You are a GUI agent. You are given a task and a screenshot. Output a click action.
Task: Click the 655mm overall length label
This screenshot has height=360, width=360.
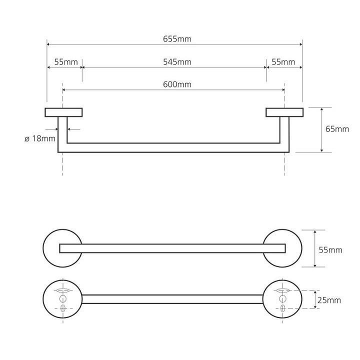click(177, 39)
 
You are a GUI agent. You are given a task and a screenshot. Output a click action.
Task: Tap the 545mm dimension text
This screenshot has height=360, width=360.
click(177, 62)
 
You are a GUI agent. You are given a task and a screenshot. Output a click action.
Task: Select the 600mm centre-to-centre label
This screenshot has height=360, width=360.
click(177, 84)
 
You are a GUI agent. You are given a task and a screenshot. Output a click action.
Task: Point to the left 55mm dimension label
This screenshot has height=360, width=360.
click(66, 62)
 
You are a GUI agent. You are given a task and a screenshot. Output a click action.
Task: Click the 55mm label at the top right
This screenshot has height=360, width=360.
click(283, 62)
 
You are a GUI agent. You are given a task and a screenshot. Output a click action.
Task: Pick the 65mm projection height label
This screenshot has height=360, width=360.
click(337, 129)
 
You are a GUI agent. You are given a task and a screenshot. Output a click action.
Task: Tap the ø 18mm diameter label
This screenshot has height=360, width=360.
click(40, 138)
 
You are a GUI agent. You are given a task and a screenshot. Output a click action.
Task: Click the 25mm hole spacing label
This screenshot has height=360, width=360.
click(329, 300)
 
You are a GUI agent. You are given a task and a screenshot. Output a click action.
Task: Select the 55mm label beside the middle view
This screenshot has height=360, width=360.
click(330, 250)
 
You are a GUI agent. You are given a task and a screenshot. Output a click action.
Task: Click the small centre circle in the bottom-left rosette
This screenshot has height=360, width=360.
click(62, 299)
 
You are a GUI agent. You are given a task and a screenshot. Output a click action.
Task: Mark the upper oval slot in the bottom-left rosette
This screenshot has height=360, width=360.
click(62, 290)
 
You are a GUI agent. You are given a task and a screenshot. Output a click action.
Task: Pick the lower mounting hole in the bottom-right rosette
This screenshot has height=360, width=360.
click(282, 308)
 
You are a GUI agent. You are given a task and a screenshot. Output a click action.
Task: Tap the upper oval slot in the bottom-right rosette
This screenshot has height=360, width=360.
click(282, 290)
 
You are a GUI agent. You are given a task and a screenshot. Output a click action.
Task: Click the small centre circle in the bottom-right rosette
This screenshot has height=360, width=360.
click(282, 299)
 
